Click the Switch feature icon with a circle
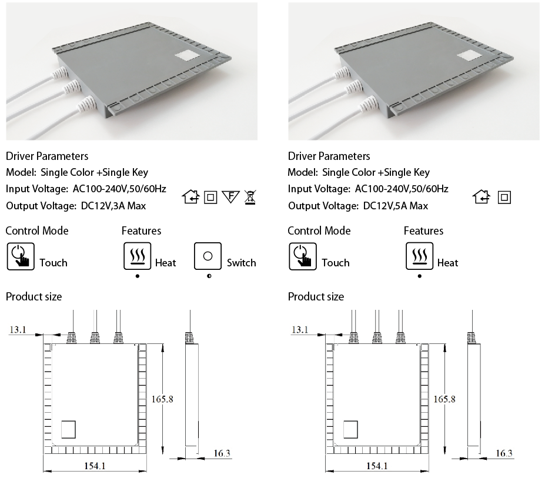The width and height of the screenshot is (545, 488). [x=208, y=256]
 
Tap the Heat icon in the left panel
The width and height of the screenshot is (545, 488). [x=138, y=256]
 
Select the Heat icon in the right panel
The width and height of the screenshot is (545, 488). [x=420, y=256]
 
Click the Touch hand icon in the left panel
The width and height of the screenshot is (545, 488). [x=21, y=256]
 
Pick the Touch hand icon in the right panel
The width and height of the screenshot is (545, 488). [x=303, y=256]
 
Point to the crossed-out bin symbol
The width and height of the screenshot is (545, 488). [x=250, y=197]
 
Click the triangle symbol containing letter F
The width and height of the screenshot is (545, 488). [x=230, y=196]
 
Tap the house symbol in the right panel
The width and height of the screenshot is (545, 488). [x=482, y=197]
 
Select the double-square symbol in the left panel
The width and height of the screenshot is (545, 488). [x=210, y=198]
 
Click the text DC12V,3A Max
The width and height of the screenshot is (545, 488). [x=113, y=206]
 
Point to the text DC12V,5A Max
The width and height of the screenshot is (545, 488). [x=396, y=206]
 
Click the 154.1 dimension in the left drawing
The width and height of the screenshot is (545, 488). [x=95, y=466]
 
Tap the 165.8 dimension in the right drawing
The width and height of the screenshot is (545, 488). [x=444, y=399]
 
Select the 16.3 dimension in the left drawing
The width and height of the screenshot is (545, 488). [x=222, y=453]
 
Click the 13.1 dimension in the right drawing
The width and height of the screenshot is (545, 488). [x=300, y=329]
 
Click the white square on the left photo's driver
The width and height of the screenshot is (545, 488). [x=187, y=56]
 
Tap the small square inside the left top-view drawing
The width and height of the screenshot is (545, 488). [x=68, y=429]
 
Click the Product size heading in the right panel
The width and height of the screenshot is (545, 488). [x=316, y=296]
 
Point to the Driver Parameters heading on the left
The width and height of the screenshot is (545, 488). [x=47, y=156]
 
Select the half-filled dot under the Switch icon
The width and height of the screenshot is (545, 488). [x=209, y=276]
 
